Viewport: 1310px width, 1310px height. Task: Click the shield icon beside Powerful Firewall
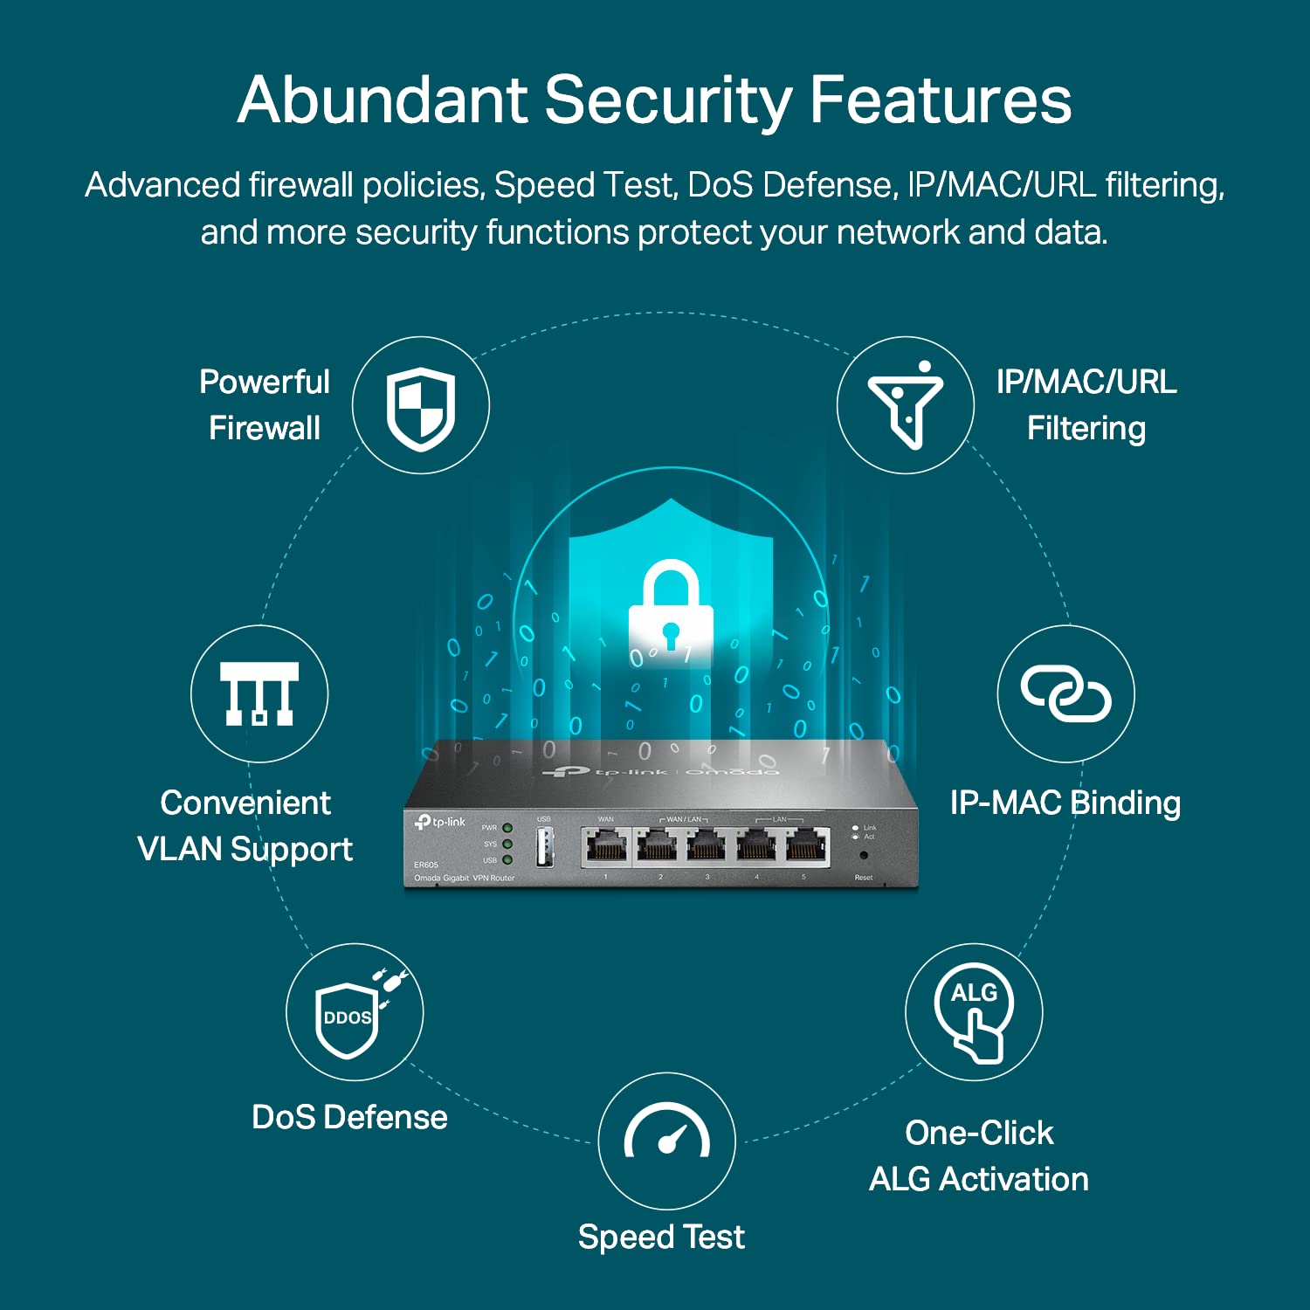coord(421,407)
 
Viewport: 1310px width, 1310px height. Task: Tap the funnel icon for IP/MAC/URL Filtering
coord(906,405)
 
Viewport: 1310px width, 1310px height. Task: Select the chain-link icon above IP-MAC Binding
coord(1065,694)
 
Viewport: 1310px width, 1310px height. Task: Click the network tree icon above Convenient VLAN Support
coord(259,694)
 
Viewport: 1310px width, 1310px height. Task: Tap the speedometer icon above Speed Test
coord(666,1136)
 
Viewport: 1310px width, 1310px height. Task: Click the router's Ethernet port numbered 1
coord(606,846)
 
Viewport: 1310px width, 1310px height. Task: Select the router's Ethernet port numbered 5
coord(807,846)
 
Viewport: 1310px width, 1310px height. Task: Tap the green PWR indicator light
coord(507,828)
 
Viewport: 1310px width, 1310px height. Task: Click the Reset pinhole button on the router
coord(864,856)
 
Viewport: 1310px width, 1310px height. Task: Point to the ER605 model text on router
coord(426,865)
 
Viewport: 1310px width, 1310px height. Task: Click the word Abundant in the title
coord(383,100)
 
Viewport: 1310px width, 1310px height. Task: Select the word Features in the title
coord(941,100)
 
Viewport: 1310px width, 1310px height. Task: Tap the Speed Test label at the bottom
coord(661,1237)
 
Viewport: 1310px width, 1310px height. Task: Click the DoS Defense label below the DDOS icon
coord(349,1117)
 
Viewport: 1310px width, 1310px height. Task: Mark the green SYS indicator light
coord(507,845)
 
